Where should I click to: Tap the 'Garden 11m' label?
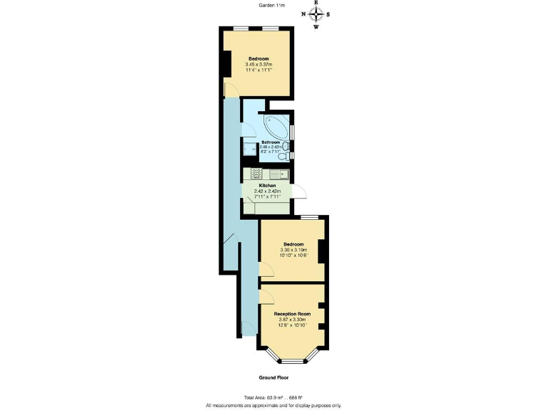(273, 6)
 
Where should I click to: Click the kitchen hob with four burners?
(256, 174)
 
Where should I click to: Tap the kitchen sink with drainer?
(277, 174)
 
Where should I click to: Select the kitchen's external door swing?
(302, 191)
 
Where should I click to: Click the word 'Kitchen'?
(267, 185)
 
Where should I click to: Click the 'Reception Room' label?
(293, 313)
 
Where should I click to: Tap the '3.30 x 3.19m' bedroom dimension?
(293, 251)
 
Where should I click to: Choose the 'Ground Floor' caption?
(273, 378)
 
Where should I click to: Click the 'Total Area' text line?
(273, 398)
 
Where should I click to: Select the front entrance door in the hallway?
(247, 328)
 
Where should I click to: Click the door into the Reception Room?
(264, 293)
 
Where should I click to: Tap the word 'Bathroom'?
(270, 142)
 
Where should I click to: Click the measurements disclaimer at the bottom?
(273, 405)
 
